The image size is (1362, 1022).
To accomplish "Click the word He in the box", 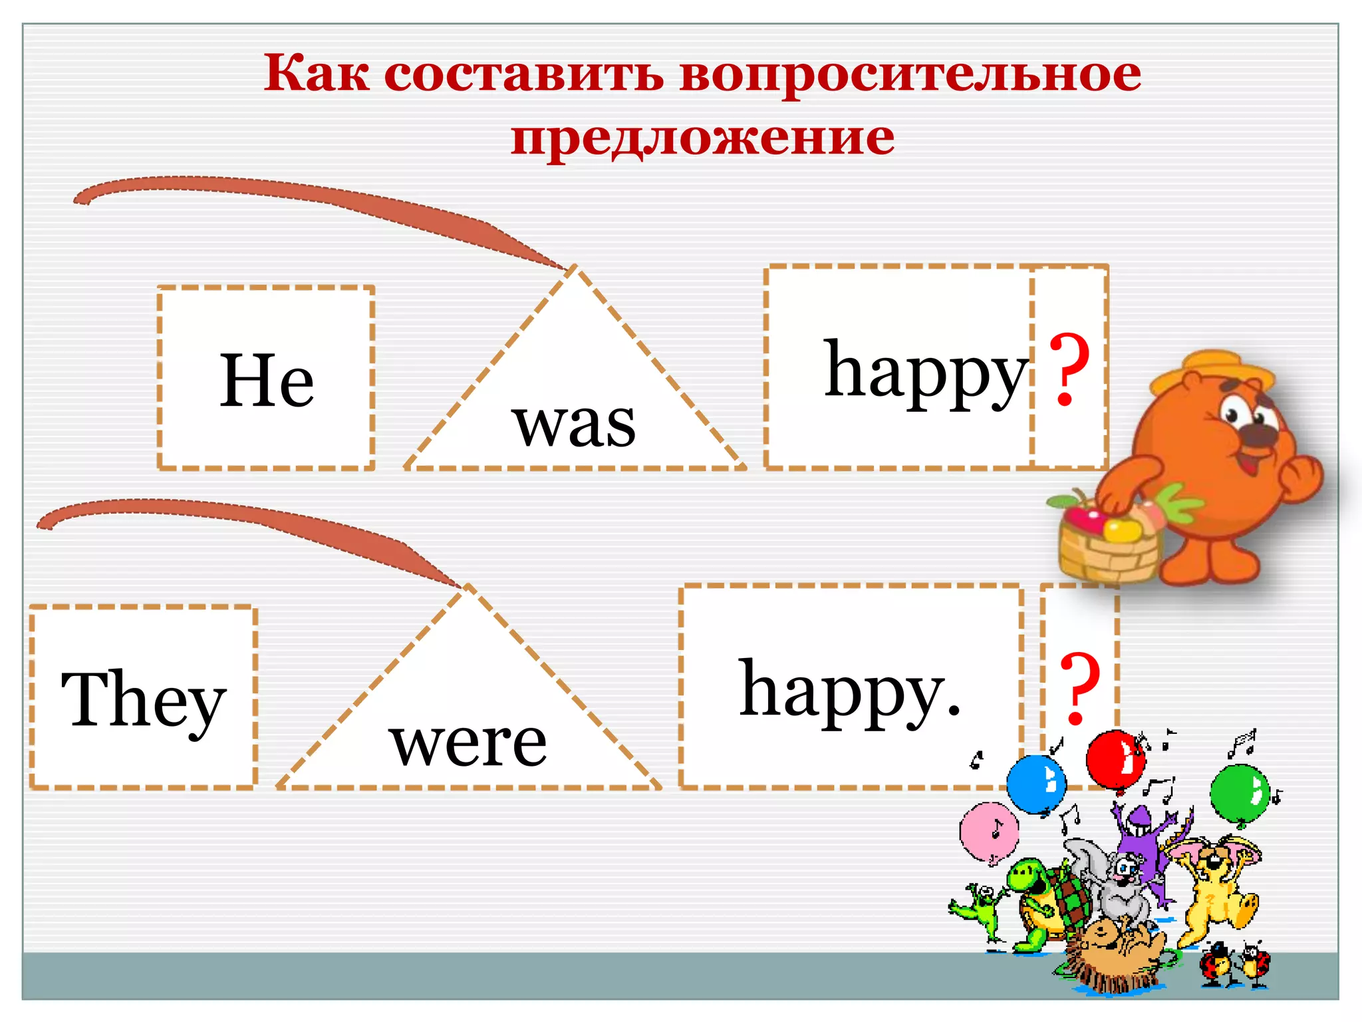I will [267, 381].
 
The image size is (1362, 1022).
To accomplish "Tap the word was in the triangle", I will [574, 424].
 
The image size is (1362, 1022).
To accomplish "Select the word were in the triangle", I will [468, 743].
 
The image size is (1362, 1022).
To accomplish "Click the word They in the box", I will [144, 700].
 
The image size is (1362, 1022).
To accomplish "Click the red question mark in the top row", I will [1069, 370].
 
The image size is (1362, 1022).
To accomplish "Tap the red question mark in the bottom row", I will [1079, 689].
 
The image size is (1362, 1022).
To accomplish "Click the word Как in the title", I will [316, 74].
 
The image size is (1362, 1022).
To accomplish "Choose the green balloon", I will [1240, 793].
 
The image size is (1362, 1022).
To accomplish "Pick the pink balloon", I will [989, 832].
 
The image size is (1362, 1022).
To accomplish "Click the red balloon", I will [1115, 759].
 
